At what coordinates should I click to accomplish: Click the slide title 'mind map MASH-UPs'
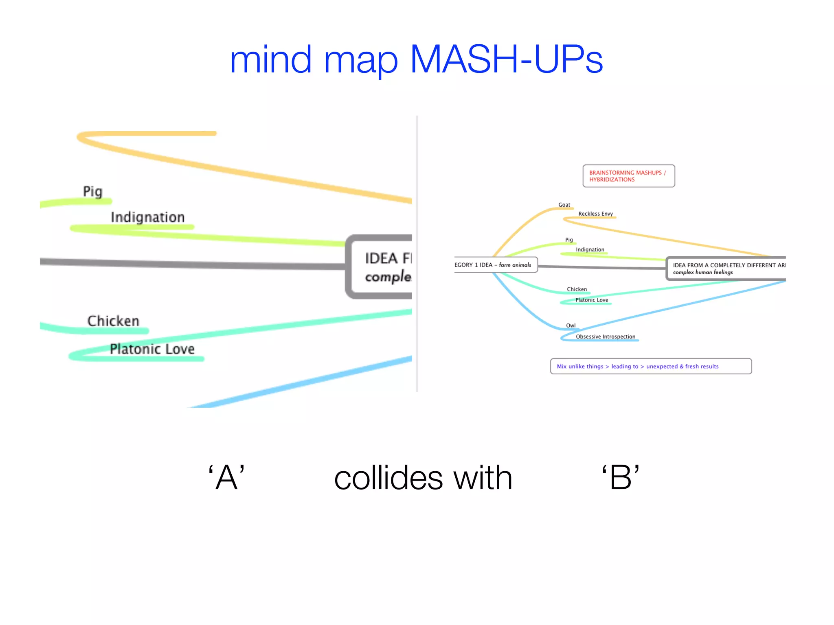[416, 60]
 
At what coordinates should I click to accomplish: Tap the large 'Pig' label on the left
[93, 191]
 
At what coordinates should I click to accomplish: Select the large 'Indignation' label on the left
[147, 217]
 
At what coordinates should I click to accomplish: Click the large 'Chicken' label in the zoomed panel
[113, 321]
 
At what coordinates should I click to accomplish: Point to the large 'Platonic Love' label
[152, 349]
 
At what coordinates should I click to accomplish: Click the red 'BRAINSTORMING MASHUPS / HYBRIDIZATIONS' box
[628, 176]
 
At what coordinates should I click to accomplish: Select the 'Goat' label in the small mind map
[564, 205]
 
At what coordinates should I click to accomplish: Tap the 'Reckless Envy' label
[595, 214]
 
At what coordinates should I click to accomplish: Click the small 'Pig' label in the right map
[569, 240]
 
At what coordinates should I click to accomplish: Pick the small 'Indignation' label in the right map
[590, 249]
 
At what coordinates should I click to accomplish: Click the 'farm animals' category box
[495, 265]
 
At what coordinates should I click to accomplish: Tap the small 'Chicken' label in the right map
[577, 289]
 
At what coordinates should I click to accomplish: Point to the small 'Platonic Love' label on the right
[591, 300]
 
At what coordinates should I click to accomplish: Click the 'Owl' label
[571, 326]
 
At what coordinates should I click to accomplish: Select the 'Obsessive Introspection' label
[605, 337]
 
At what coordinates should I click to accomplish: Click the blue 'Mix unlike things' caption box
[650, 366]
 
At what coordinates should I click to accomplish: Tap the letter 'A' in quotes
[226, 478]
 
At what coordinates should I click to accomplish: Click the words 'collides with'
[423, 478]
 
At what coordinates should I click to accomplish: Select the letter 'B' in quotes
[621, 478]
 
